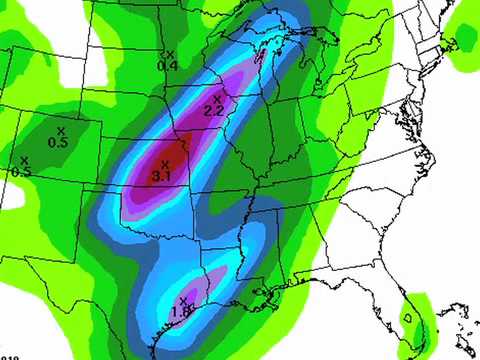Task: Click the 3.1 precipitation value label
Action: pos(162,176)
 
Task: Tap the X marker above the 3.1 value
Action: pos(165,164)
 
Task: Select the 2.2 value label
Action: pos(213,110)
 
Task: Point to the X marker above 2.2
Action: pos(217,99)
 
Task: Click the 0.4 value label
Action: pos(167,65)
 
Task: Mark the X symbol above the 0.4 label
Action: pos(170,54)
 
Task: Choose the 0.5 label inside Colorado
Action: pos(58,143)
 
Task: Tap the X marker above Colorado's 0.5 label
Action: pos(61,131)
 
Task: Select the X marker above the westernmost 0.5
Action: pos(24,160)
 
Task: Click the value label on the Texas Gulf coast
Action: pos(182,312)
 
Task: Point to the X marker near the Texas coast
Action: pos(183,300)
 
